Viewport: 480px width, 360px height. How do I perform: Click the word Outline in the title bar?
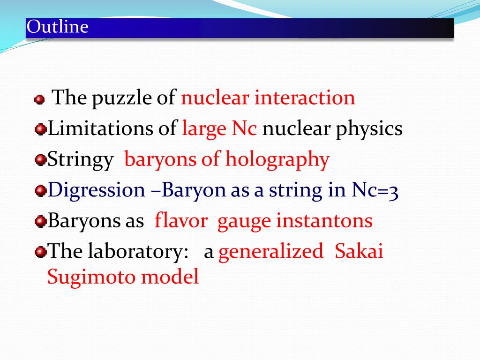pyautogui.click(x=58, y=27)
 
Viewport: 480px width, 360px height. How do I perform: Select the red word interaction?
pyautogui.click(x=305, y=98)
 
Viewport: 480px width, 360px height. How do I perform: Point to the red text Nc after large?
pyautogui.click(x=245, y=128)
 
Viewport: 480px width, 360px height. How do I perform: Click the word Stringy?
pyautogui.click(x=80, y=160)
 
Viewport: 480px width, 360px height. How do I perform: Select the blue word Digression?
pyautogui.click(x=97, y=190)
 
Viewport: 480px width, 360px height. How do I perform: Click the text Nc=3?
pyautogui.click(x=374, y=190)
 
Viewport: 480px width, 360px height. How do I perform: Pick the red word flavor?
pyautogui.click(x=181, y=221)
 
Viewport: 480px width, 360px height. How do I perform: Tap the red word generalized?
pyautogui.click(x=271, y=252)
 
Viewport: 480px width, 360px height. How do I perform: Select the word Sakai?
pyautogui.click(x=359, y=252)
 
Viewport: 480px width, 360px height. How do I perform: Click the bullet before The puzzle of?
pyautogui.click(x=39, y=99)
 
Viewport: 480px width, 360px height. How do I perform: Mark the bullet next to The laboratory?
pyautogui.click(x=41, y=252)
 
